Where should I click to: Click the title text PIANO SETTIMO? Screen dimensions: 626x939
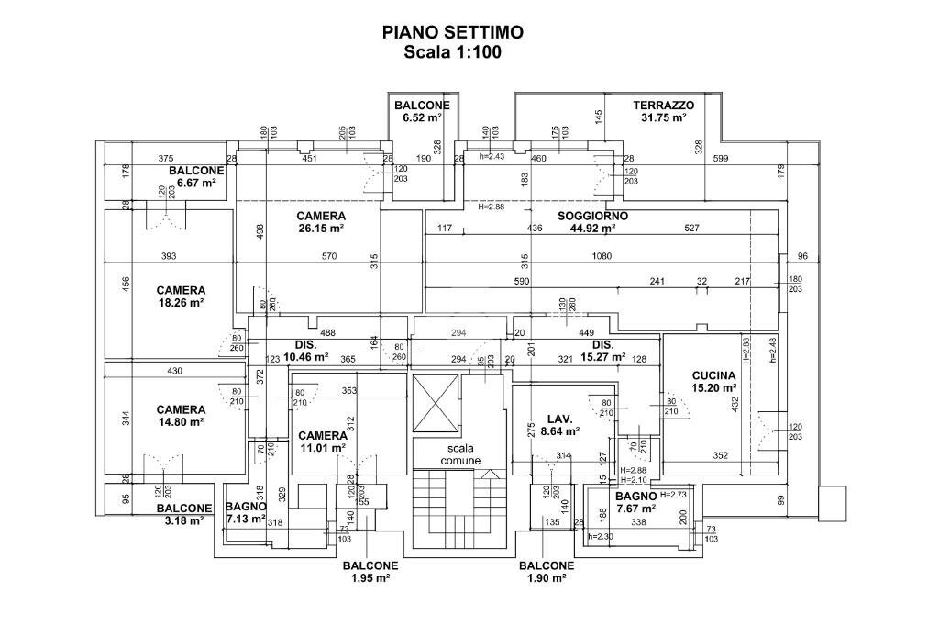[453, 32]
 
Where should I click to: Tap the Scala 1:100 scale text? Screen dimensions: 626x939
[453, 52]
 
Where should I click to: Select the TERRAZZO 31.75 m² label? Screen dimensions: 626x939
[664, 111]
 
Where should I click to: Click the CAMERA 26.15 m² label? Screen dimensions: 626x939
[321, 222]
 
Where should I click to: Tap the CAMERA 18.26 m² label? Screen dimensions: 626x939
[180, 296]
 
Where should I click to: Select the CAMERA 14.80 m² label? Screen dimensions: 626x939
[180, 416]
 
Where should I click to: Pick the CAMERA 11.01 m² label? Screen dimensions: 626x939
[322, 442]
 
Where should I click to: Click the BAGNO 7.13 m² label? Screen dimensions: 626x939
[245, 512]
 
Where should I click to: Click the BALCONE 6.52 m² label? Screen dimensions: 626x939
[422, 111]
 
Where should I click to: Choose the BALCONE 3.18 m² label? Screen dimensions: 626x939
[183, 514]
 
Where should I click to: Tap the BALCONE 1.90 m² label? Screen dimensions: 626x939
[547, 572]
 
